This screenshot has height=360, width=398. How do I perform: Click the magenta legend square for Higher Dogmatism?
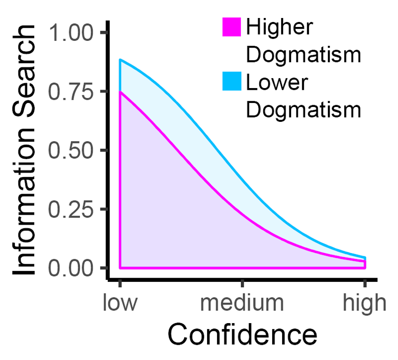(231, 27)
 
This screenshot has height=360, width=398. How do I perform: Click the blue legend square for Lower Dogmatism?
(231, 82)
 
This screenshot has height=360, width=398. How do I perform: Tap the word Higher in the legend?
(279, 27)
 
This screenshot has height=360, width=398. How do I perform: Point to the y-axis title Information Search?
(25, 151)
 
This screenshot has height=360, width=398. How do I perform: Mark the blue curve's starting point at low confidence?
(120, 60)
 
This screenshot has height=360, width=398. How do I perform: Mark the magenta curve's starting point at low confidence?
(120, 92)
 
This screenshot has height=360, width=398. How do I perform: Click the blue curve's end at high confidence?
(365, 258)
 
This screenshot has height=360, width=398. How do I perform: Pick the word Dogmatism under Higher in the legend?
(304, 55)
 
